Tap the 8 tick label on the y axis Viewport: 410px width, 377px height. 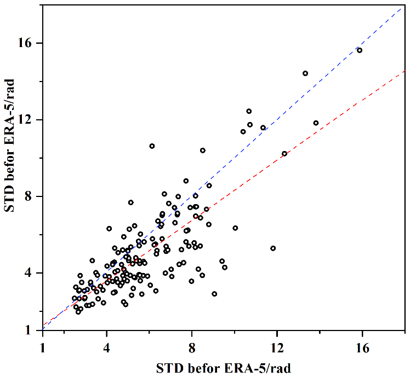[31, 196]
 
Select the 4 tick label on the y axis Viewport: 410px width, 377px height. [31, 273]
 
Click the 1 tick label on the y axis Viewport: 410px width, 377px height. [31, 330]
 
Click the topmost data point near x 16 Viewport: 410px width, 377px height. [360, 50]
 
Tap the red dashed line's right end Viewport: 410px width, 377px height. [405, 69]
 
